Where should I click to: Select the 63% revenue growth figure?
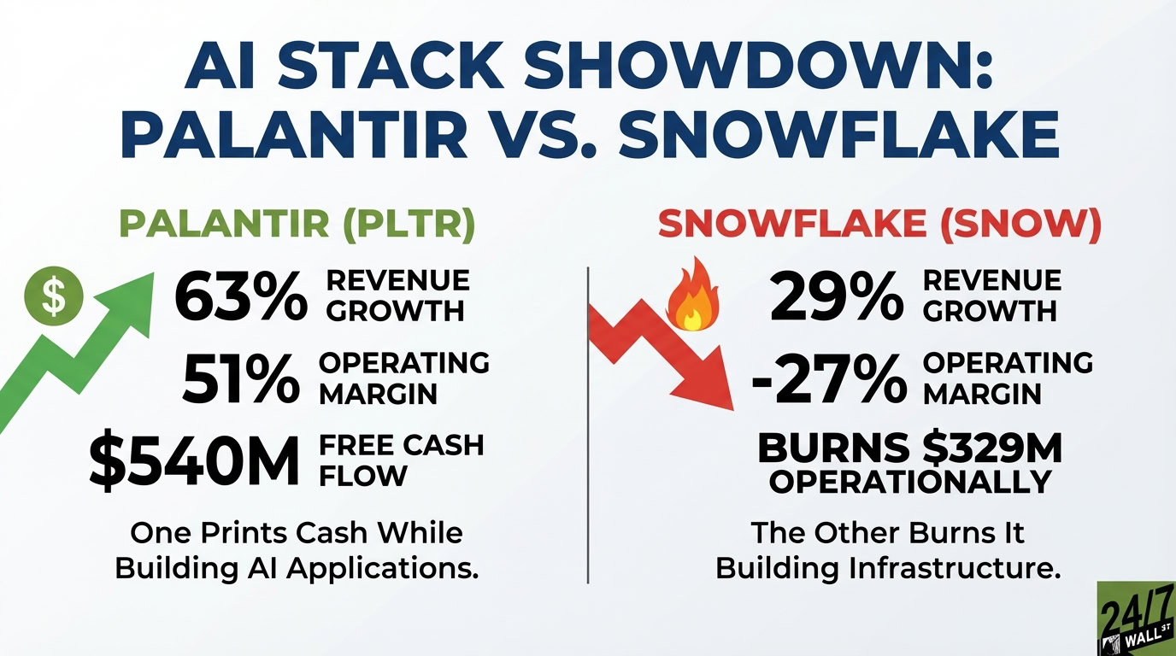pyautogui.click(x=240, y=297)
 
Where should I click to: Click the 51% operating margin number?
pyautogui.click(x=242, y=378)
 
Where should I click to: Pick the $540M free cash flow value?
pyautogui.click(x=195, y=461)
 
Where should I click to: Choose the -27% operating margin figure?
pyautogui.click(x=828, y=378)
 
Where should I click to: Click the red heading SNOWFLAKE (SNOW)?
pyautogui.click(x=879, y=224)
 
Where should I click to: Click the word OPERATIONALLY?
pyautogui.click(x=909, y=482)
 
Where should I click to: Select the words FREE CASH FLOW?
pyautogui.click(x=401, y=460)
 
